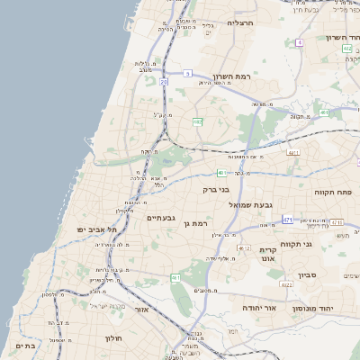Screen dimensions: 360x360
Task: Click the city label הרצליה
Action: click(x=242, y=22)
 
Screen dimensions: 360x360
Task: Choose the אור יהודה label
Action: click(x=259, y=307)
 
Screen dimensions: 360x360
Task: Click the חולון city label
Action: click(x=106, y=338)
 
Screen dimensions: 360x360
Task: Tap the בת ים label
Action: click(x=24, y=345)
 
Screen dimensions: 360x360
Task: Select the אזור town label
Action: click(x=139, y=309)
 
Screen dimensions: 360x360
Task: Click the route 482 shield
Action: click(x=197, y=121)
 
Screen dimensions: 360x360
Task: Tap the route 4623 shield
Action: click(x=287, y=284)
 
